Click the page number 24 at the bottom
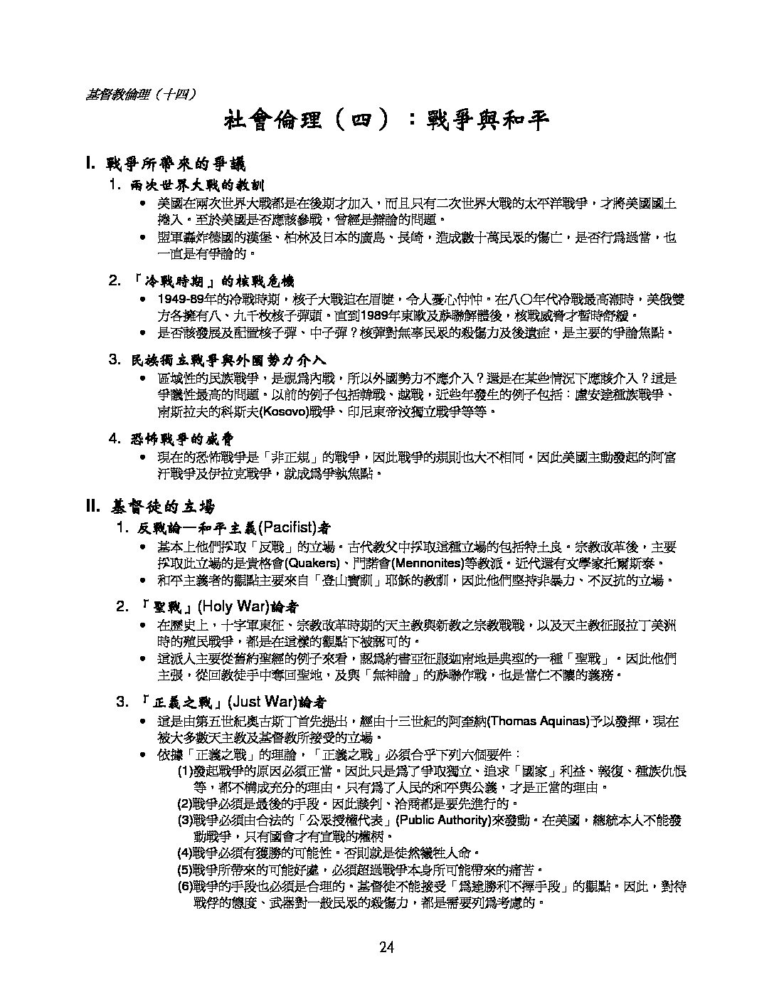(386, 946)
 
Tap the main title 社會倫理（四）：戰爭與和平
(386, 120)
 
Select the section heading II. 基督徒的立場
(149, 507)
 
